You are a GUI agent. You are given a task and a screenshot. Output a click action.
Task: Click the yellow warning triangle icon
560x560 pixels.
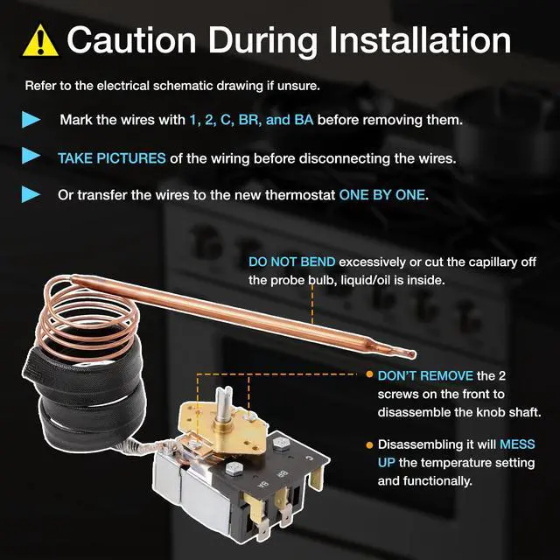(40, 41)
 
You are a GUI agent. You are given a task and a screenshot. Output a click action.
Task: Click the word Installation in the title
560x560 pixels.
(420, 40)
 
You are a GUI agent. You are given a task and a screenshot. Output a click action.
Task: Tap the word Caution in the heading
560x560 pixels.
(131, 40)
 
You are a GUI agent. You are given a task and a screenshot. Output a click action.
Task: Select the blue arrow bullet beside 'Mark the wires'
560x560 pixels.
(31, 119)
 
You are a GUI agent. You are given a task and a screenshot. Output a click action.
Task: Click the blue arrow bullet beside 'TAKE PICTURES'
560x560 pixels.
(31, 156)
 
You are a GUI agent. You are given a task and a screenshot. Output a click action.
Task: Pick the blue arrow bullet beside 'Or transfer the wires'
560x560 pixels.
(31, 194)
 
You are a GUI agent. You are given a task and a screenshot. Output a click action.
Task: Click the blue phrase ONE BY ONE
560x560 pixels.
(381, 195)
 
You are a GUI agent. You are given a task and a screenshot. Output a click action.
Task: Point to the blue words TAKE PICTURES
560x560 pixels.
(112, 158)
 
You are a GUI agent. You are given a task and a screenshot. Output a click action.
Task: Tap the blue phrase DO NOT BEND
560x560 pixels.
(291, 262)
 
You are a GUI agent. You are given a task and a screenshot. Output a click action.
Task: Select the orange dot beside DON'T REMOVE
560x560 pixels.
(369, 374)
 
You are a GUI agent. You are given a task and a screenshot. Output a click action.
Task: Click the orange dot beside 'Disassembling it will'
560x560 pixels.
(369, 445)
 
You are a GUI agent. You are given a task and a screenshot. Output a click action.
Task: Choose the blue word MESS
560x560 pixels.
(517, 444)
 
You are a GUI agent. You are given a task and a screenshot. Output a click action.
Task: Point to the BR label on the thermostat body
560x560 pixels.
(283, 474)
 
